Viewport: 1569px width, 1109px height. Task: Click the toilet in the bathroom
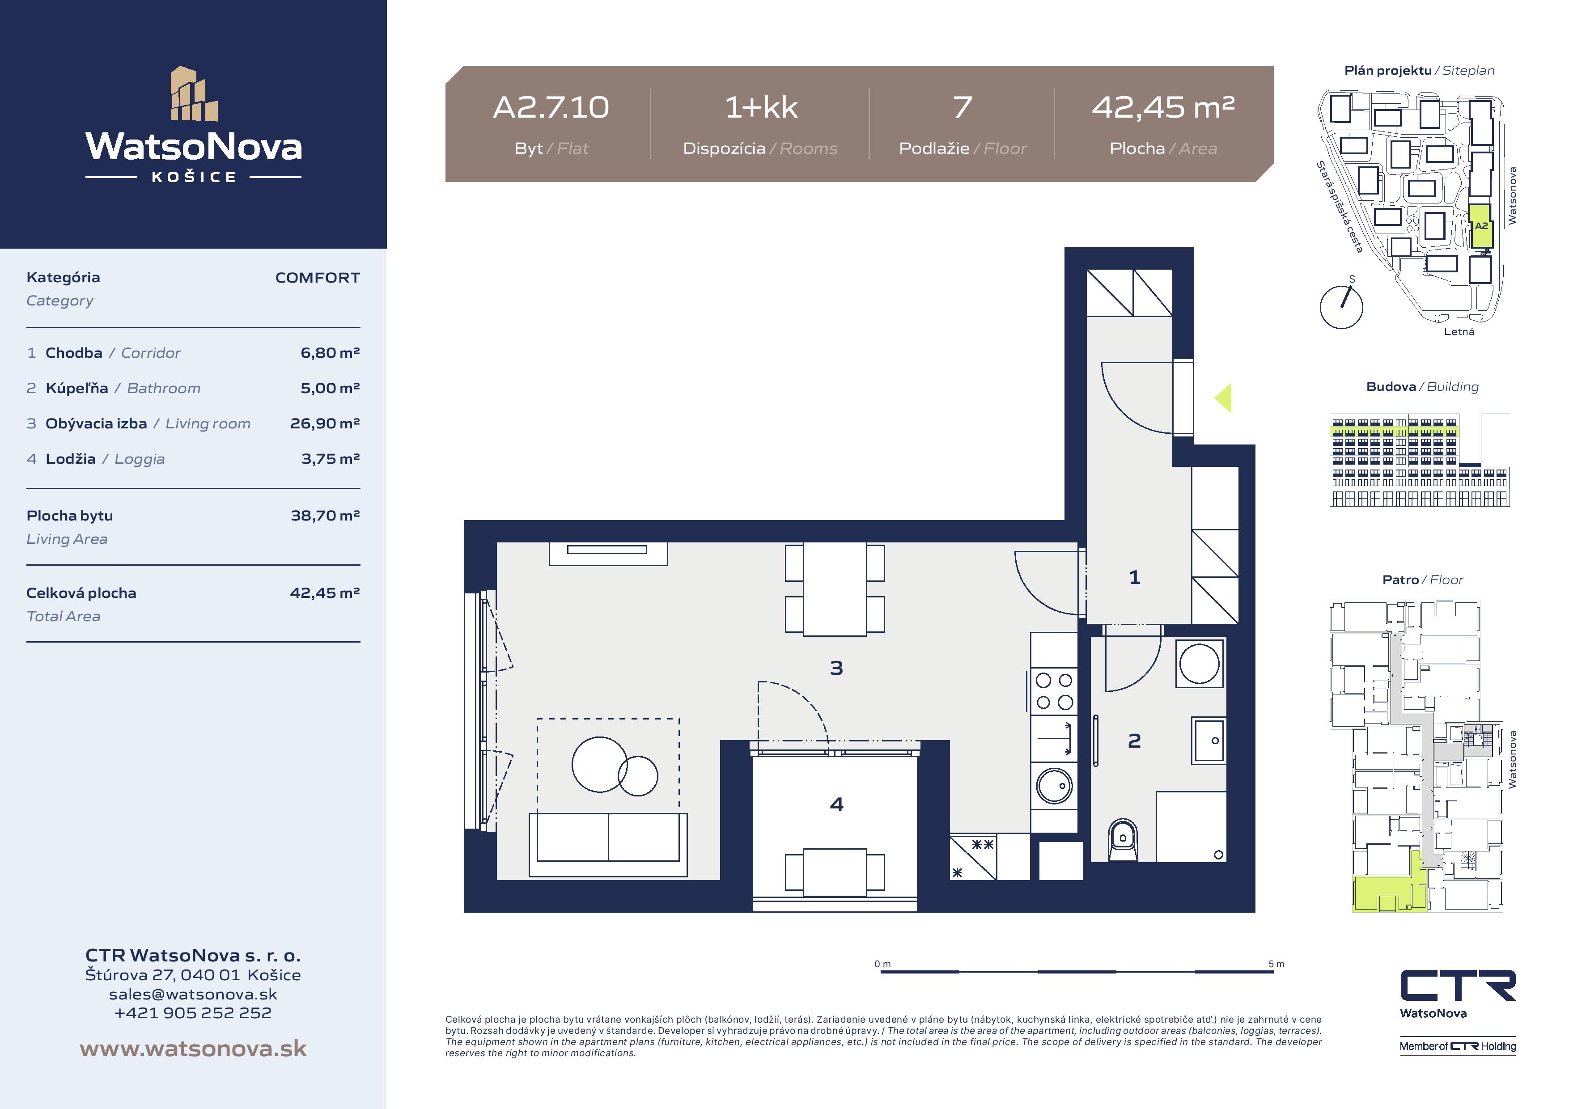point(1123,840)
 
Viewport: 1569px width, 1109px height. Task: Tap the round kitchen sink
point(1055,786)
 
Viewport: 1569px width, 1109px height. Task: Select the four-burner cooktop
point(1055,691)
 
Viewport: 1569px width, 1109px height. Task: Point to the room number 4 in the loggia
point(836,804)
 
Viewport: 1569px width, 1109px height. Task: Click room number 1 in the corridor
point(1134,577)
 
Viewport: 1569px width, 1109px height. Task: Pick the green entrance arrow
point(1223,398)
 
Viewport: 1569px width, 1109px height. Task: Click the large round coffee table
point(599,764)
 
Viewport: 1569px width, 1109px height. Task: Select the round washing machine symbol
point(1199,663)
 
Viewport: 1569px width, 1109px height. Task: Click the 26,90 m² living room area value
point(325,423)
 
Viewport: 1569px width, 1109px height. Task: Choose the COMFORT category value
point(317,277)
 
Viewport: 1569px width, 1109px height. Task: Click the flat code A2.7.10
point(551,107)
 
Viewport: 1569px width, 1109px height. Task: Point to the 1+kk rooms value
point(761,107)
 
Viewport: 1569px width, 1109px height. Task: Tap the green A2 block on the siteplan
point(1481,226)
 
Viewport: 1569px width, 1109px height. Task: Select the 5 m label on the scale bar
point(1276,964)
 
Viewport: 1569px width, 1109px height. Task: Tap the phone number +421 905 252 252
point(193,1013)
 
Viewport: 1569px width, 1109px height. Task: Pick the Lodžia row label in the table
point(70,458)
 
